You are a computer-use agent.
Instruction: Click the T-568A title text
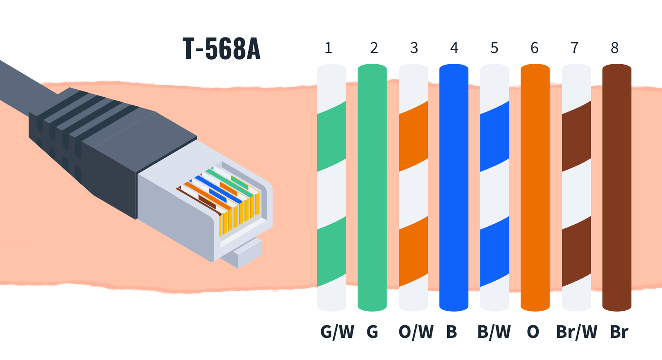pos(221,49)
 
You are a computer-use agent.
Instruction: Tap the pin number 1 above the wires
pos(328,48)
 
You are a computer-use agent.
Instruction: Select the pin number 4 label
pos(454,48)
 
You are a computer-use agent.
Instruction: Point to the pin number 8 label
pos(614,48)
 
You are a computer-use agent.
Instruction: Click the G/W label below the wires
pos(337,332)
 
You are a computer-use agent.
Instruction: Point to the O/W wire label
pos(416,332)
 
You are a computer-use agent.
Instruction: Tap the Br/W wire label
pos(576,332)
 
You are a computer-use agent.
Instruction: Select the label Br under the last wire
pos(619,332)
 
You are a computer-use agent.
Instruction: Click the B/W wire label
pos(494,332)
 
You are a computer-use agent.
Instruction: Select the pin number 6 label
pos(534,48)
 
